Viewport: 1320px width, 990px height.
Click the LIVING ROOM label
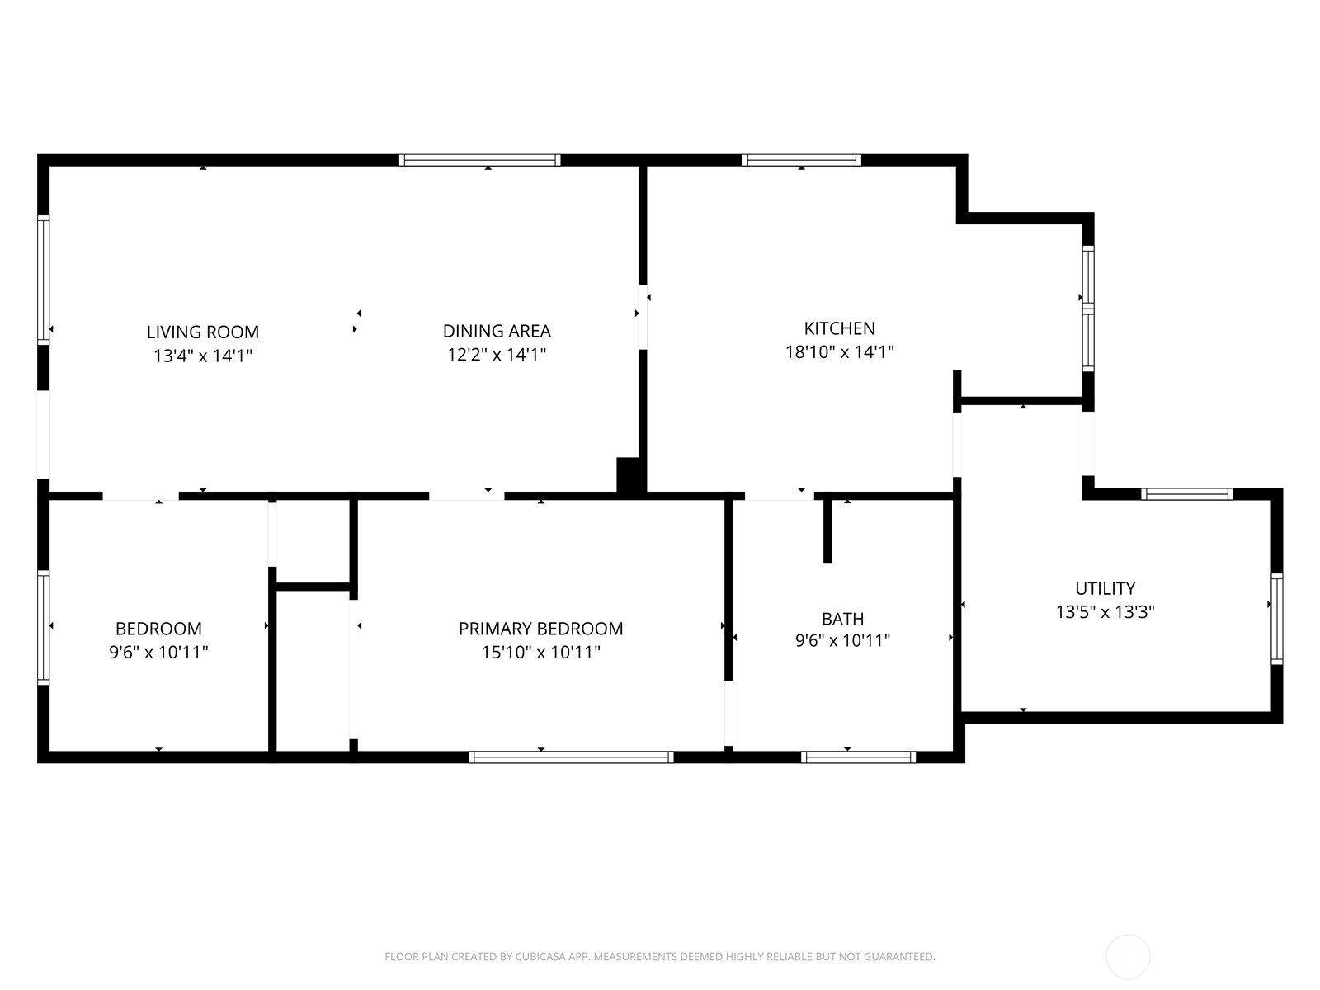click(x=202, y=332)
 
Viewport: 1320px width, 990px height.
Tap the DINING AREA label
click(x=497, y=331)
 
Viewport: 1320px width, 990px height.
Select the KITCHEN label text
click(x=839, y=328)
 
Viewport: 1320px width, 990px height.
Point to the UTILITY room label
click(x=1105, y=588)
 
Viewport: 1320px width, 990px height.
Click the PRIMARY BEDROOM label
click(x=540, y=629)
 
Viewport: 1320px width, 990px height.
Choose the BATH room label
click(x=842, y=619)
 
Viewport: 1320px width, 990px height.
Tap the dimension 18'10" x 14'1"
click(x=839, y=352)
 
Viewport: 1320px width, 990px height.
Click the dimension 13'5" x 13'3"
click(x=1105, y=612)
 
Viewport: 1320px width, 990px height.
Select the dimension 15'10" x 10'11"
click(x=540, y=653)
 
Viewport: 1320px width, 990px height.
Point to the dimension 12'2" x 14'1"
click(x=497, y=355)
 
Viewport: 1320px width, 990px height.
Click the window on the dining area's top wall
click(x=479, y=160)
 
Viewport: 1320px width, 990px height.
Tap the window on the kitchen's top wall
click(x=801, y=160)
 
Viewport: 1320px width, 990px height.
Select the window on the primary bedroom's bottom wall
click(x=571, y=757)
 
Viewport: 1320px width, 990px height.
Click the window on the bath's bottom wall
click(x=858, y=757)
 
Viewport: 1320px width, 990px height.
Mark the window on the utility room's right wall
click(x=1276, y=619)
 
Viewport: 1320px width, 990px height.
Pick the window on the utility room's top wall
click(x=1186, y=494)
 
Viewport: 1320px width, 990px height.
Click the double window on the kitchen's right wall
click(x=1087, y=309)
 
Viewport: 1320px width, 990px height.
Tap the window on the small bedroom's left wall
click(x=44, y=627)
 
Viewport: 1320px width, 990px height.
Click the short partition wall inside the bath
click(x=827, y=530)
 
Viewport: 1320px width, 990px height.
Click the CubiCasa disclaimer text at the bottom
click(x=659, y=957)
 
